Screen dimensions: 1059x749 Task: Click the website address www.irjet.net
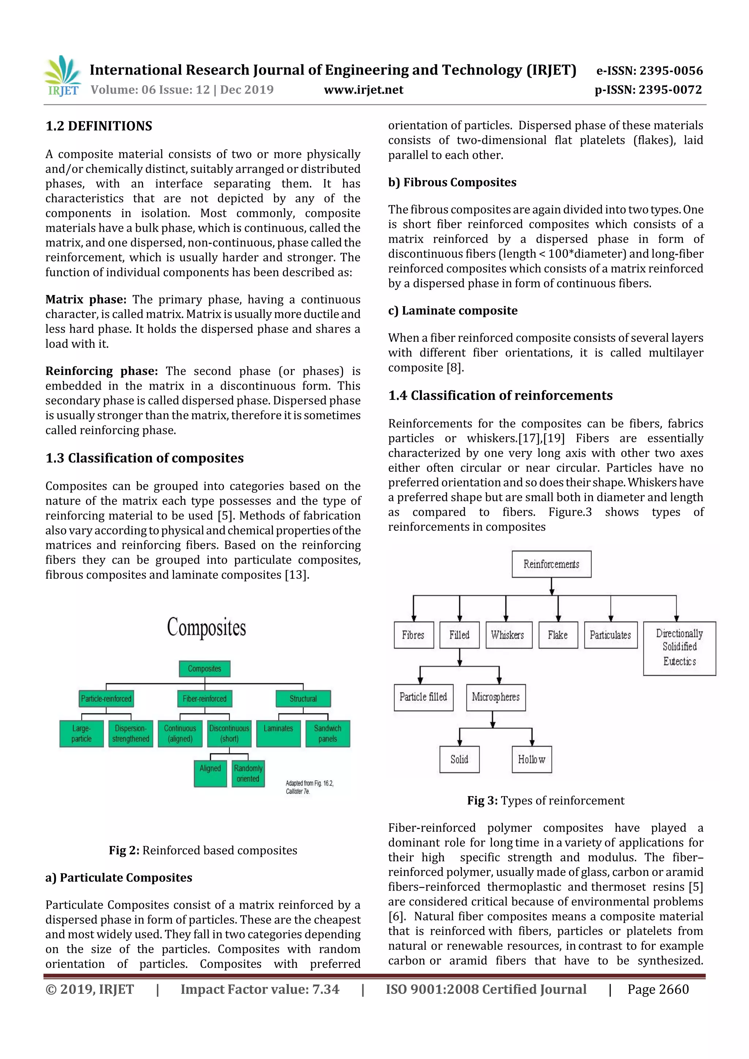(364, 90)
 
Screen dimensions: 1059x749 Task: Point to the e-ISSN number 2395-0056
(649, 71)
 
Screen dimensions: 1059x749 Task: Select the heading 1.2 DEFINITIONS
(99, 126)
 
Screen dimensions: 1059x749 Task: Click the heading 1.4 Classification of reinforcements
(500, 395)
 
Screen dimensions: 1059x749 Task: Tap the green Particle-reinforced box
(106, 698)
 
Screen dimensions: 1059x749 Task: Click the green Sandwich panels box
(328, 733)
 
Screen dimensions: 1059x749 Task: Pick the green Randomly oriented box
(248, 774)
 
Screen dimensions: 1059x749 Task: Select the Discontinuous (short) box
(229, 733)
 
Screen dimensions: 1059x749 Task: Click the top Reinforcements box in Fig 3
(551, 564)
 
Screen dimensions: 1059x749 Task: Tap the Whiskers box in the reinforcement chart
(508, 635)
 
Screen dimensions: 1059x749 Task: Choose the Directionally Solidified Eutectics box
(679, 648)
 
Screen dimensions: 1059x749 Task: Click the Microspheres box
(496, 697)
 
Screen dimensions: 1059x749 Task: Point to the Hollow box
(532, 759)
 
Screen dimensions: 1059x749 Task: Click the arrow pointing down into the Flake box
(558, 617)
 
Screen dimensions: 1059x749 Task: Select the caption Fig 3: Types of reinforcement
(546, 800)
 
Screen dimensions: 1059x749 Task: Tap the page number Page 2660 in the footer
(658, 989)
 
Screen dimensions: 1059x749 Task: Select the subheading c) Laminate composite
(452, 310)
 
